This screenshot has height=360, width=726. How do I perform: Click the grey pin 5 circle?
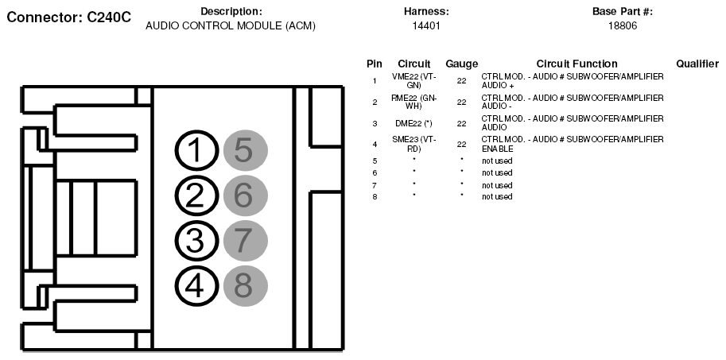click(x=244, y=151)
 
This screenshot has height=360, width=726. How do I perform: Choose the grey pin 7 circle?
click(x=244, y=241)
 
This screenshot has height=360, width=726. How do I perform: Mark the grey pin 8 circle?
click(x=244, y=285)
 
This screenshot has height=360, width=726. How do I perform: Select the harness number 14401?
click(x=426, y=26)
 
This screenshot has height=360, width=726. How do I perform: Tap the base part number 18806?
click(x=622, y=26)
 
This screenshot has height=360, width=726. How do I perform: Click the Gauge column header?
click(x=462, y=64)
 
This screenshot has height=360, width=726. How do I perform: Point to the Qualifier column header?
click(x=697, y=64)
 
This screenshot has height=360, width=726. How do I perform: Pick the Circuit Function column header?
click(x=577, y=64)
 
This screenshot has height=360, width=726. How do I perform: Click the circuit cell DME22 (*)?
click(x=413, y=123)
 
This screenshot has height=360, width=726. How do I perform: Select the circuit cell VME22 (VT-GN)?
click(x=413, y=80)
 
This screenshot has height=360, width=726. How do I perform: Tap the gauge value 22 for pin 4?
click(x=461, y=144)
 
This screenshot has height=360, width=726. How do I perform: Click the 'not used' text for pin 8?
click(x=497, y=196)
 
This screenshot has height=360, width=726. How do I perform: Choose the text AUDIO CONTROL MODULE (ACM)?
click(x=231, y=26)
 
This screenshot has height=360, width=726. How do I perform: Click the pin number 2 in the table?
click(x=375, y=102)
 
